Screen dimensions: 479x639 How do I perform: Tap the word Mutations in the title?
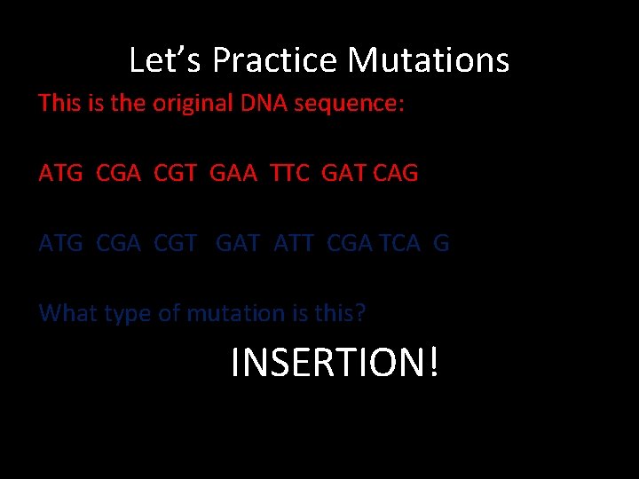428,60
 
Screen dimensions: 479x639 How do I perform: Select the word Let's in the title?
166,60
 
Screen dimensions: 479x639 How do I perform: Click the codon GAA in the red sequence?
229,173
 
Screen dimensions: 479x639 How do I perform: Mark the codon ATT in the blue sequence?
293,243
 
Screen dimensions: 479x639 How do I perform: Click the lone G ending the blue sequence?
441,243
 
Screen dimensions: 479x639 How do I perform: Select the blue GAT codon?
238,243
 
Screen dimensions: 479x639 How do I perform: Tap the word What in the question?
67,313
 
